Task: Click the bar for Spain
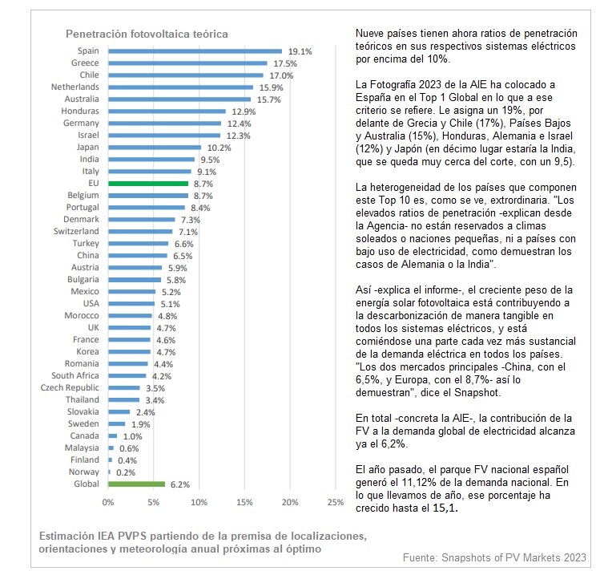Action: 195,51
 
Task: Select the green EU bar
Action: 147,183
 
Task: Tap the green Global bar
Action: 136,484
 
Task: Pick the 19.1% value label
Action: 299,51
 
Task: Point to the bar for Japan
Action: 154,147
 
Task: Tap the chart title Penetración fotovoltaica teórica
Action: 147,34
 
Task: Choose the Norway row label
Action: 84,472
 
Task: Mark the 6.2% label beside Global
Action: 179,484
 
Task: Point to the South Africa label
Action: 75,375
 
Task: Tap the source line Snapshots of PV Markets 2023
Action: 494,557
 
